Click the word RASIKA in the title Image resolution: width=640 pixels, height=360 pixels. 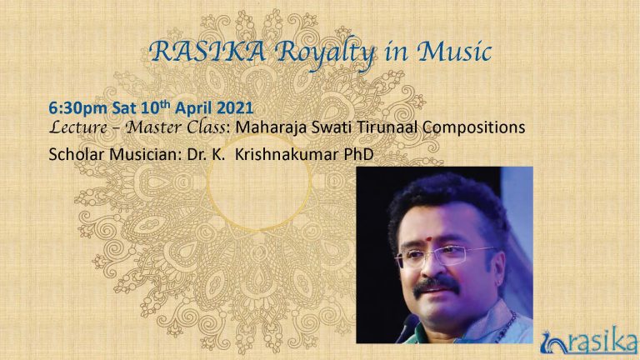207,52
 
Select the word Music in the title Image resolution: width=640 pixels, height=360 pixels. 453,52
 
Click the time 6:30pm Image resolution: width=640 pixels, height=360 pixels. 78,108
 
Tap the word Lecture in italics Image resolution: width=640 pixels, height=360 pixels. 78,127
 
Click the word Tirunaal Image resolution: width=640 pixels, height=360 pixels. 387,127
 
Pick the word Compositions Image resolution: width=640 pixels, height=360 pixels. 473,127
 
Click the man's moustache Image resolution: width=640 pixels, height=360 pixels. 436,285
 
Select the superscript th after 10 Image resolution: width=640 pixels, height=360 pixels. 165,103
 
